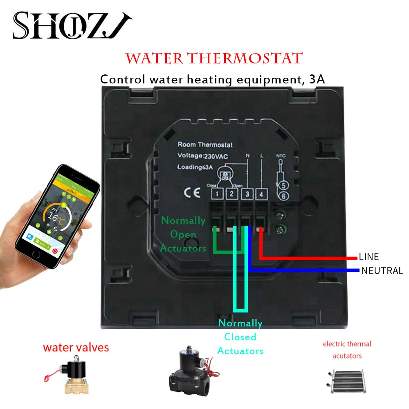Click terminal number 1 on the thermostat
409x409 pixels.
[218, 194]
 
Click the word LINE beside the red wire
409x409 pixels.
[369, 257]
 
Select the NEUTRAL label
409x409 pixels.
[382, 271]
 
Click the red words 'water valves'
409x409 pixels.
[76, 348]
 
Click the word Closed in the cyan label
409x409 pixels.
[240, 337]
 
